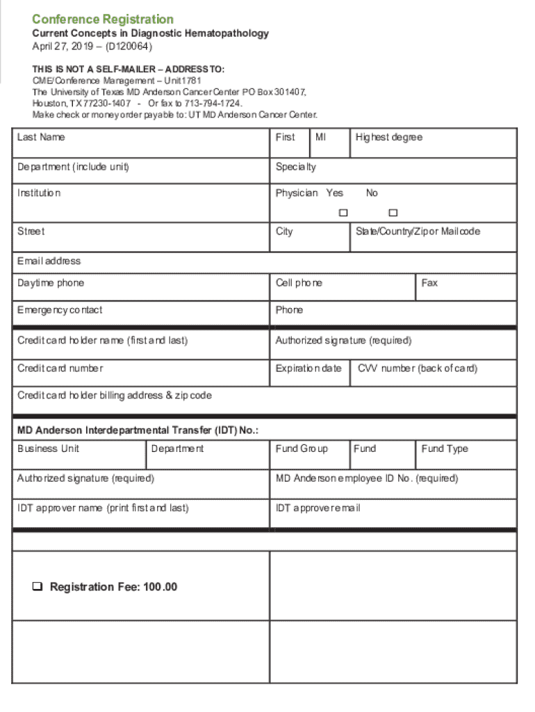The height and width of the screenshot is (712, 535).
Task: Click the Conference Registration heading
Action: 103,19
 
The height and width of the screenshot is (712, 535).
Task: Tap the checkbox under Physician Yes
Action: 343,212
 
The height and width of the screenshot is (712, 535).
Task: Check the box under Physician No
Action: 393,212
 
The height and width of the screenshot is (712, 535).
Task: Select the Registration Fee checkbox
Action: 37,587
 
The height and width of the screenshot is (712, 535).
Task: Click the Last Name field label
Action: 41,137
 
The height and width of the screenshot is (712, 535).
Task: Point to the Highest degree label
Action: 388,137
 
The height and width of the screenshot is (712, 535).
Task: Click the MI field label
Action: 320,137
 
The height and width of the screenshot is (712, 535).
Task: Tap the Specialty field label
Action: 295,167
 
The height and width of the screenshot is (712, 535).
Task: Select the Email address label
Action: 49,261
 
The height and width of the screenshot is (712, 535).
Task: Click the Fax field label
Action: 429,283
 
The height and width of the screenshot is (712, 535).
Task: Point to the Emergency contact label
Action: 60,309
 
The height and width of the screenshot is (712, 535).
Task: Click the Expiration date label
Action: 308,368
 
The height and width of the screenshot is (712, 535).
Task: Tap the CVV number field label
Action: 418,368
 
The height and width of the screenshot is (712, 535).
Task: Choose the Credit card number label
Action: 60,368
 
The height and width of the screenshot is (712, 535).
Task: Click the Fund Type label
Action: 445,448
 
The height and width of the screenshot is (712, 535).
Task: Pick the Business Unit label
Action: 48,448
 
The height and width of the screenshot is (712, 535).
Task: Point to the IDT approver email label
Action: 318,508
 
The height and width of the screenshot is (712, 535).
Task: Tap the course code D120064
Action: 129,47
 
